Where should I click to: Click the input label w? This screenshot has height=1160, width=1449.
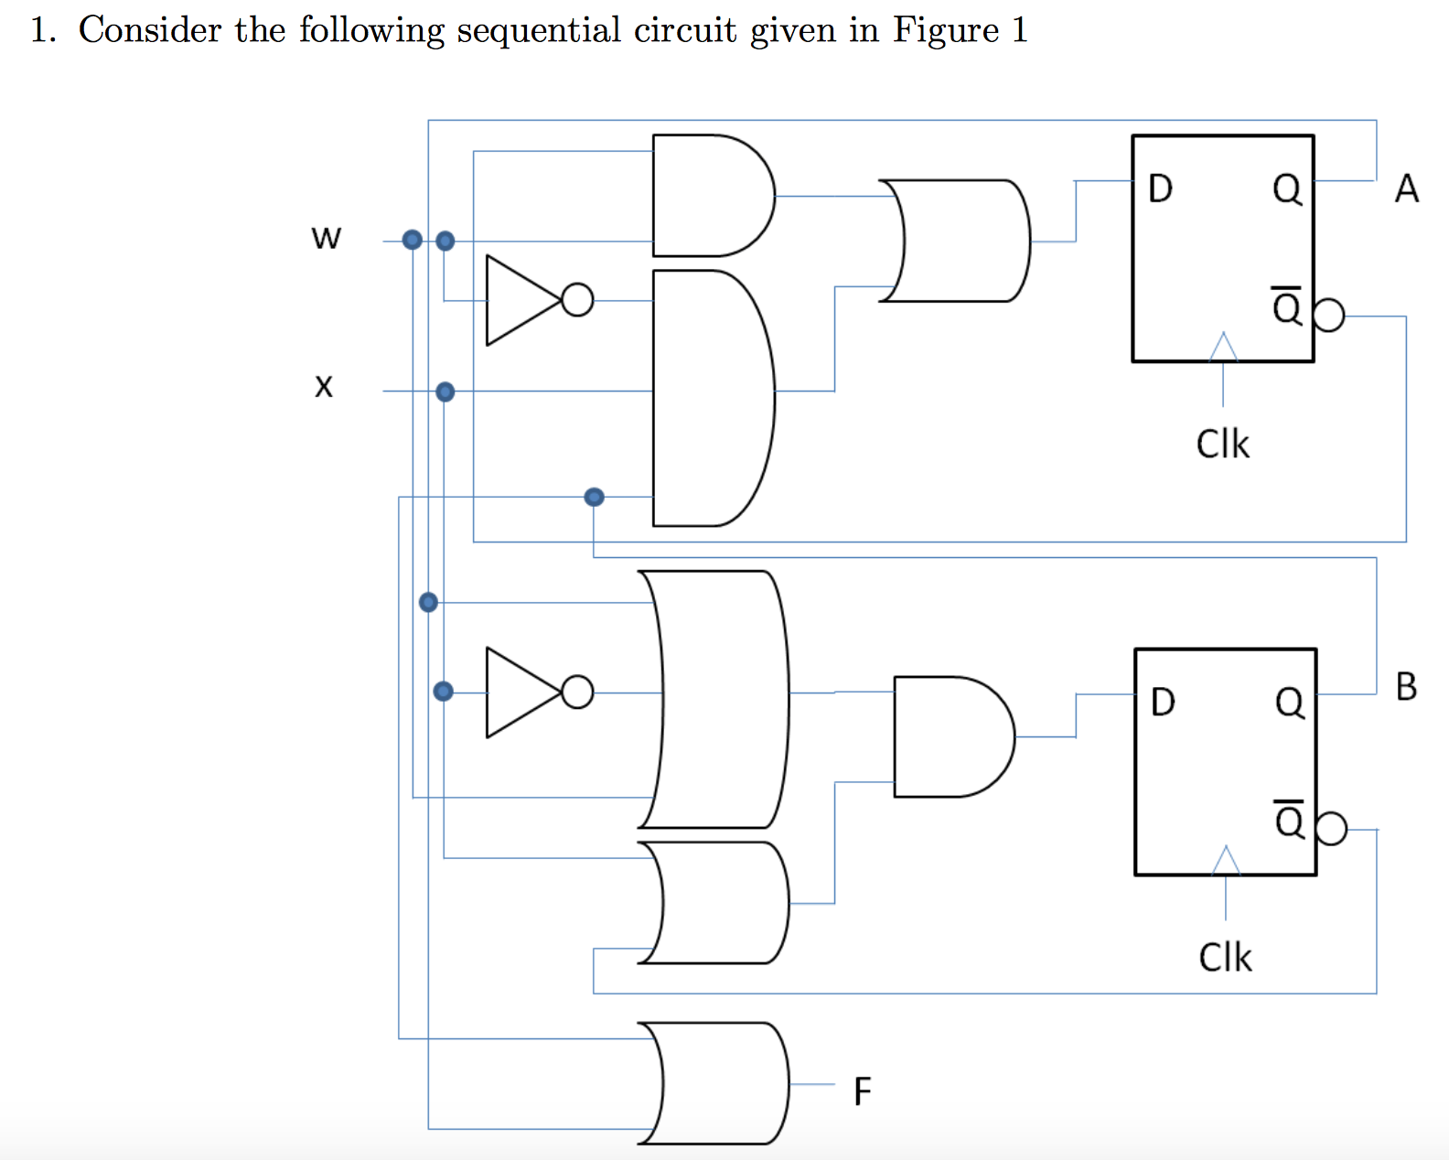[326, 239]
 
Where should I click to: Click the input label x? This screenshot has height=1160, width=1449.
[324, 387]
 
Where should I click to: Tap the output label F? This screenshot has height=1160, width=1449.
[862, 1091]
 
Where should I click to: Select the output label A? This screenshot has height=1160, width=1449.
[1406, 189]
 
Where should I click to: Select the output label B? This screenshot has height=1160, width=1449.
[1406, 686]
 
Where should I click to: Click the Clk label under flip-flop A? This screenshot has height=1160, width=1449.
[1222, 445]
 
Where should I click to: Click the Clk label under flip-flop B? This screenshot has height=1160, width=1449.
[1225, 958]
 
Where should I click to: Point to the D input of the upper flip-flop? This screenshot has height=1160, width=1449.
[1160, 189]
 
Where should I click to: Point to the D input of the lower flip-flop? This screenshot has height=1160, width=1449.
[1163, 703]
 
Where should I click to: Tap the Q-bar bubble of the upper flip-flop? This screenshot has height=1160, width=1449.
[1329, 316]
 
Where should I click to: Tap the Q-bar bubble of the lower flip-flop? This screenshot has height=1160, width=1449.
[1332, 829]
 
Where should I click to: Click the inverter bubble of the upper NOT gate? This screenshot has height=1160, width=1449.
[577, 300]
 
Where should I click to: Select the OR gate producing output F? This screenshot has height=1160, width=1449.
[714, 1083]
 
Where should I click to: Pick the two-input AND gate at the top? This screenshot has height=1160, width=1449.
[709, 196]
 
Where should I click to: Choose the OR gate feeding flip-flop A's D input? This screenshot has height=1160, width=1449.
[956, 241]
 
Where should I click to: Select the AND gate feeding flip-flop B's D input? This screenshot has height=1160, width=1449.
[951, 736]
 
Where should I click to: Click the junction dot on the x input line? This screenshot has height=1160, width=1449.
[445, 392]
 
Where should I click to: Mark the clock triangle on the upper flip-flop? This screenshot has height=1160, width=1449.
[1223, 348]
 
